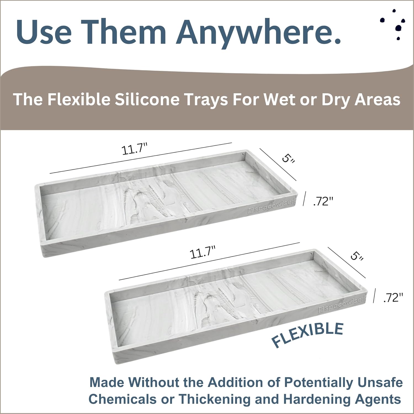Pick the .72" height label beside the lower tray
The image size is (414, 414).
tap(393, 298)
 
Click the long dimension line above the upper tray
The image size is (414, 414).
tap(141, 158)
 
